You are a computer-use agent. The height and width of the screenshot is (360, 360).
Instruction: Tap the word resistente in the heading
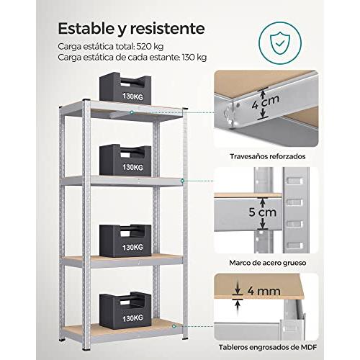tap(168, 29)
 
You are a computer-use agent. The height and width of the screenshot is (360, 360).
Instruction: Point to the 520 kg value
tap(150, 46)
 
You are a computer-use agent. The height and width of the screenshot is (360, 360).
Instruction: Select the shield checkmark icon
tap(280, 43)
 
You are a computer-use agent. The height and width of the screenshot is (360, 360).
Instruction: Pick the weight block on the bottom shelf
tap(125, 310)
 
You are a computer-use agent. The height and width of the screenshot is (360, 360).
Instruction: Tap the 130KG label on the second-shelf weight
tap(132, 167)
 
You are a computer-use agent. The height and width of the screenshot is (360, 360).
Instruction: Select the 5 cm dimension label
tap(263, 212)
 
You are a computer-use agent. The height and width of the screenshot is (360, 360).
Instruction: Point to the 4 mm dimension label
tap(264, 291)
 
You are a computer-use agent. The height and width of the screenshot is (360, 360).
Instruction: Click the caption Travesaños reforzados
tap(268, 156)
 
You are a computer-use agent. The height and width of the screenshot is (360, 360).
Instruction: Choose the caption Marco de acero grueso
tap(268, 263)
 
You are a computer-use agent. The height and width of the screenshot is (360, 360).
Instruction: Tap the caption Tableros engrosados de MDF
tap(268, 347)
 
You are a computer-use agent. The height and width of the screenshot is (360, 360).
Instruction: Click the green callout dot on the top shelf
tap(132, 112)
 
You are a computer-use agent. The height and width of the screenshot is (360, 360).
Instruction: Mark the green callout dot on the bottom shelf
tap(174, 326)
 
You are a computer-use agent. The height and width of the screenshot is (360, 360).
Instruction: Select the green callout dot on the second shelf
tap(182, 181)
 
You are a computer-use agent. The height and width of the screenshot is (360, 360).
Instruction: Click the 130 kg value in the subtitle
tap(194, 58)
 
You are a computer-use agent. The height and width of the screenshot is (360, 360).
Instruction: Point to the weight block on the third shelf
tap(125, 240)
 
